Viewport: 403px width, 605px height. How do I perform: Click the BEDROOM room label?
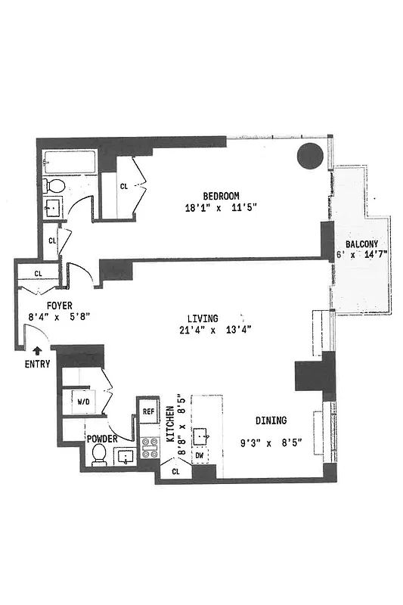click(x=221, y=194)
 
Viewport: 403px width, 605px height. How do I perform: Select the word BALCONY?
click(x=367, y=244)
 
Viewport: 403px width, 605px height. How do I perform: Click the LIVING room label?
click(x=204, y=318)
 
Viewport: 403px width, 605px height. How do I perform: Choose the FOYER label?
click(x=59, y=306)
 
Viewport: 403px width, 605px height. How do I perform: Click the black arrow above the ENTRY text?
click(x=38, y=350)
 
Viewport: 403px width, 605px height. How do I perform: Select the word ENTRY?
click(x=38, y=364)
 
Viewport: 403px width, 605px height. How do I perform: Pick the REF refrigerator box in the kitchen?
click(x=149, y=411)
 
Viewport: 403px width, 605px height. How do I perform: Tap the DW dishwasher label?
click(x=200, y=455)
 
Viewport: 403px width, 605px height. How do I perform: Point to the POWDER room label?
click(x=102, y=438)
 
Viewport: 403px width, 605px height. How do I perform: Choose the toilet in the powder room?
click(x=98, y=454)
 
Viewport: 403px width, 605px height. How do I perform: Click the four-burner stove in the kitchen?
click(x=149, y=449)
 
